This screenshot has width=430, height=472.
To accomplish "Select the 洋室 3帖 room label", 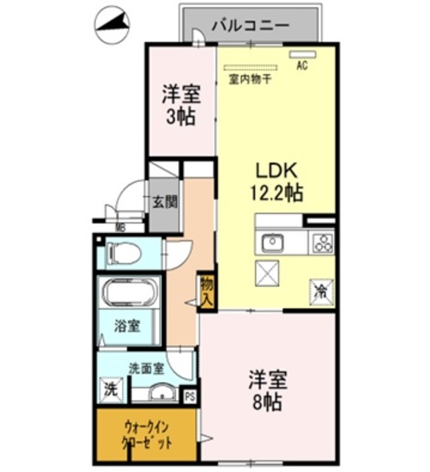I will point(180,104).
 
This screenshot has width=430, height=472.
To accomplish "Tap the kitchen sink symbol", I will point(273,242).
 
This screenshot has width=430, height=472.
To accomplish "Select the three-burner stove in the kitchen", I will point(322,242).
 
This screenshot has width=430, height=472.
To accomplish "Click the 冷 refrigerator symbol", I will point(321,291).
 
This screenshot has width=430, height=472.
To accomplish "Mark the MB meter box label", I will point(119,228).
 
